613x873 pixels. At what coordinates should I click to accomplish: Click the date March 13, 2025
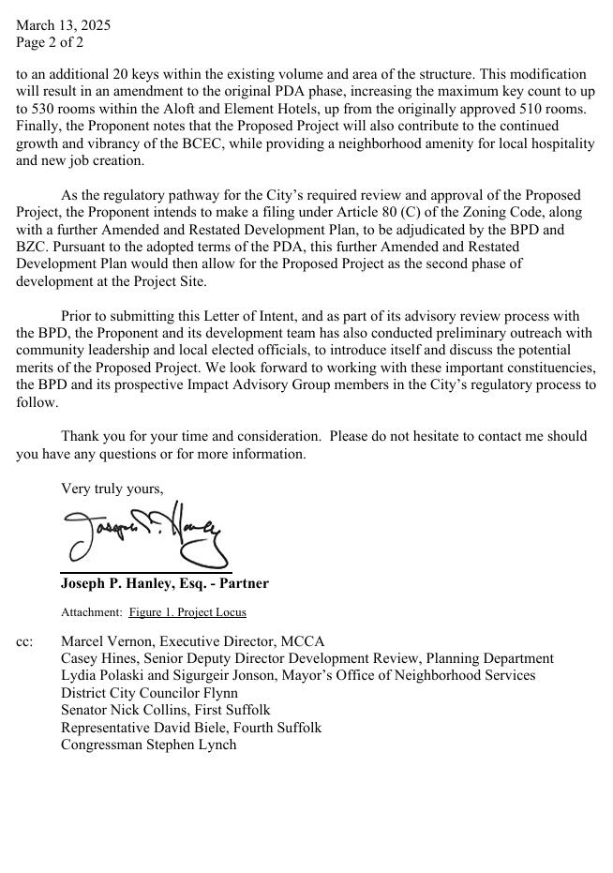[x=63, y=25]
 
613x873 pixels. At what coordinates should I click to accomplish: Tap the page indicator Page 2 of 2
[x=50, y=42]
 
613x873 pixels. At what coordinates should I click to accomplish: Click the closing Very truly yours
[x=112, y=489]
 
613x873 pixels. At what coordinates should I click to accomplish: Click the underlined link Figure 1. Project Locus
[x=187, y=612]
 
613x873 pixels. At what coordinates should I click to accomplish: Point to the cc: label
[x=24, y=641]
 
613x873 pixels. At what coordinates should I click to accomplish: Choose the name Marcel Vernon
[x=106, y=641]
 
